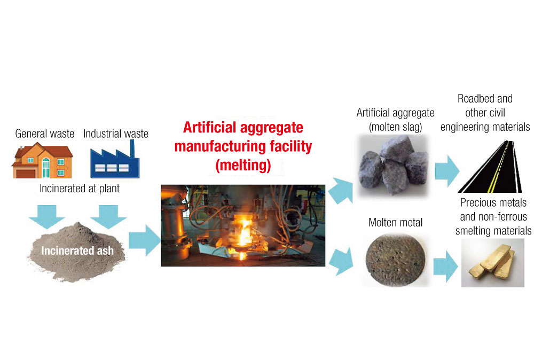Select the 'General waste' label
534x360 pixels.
[x=45, y=134]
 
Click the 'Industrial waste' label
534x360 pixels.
[x=116, y=134]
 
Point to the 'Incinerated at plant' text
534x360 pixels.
[x=81, y=189]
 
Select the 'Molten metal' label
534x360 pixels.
[x=396, y=222]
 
